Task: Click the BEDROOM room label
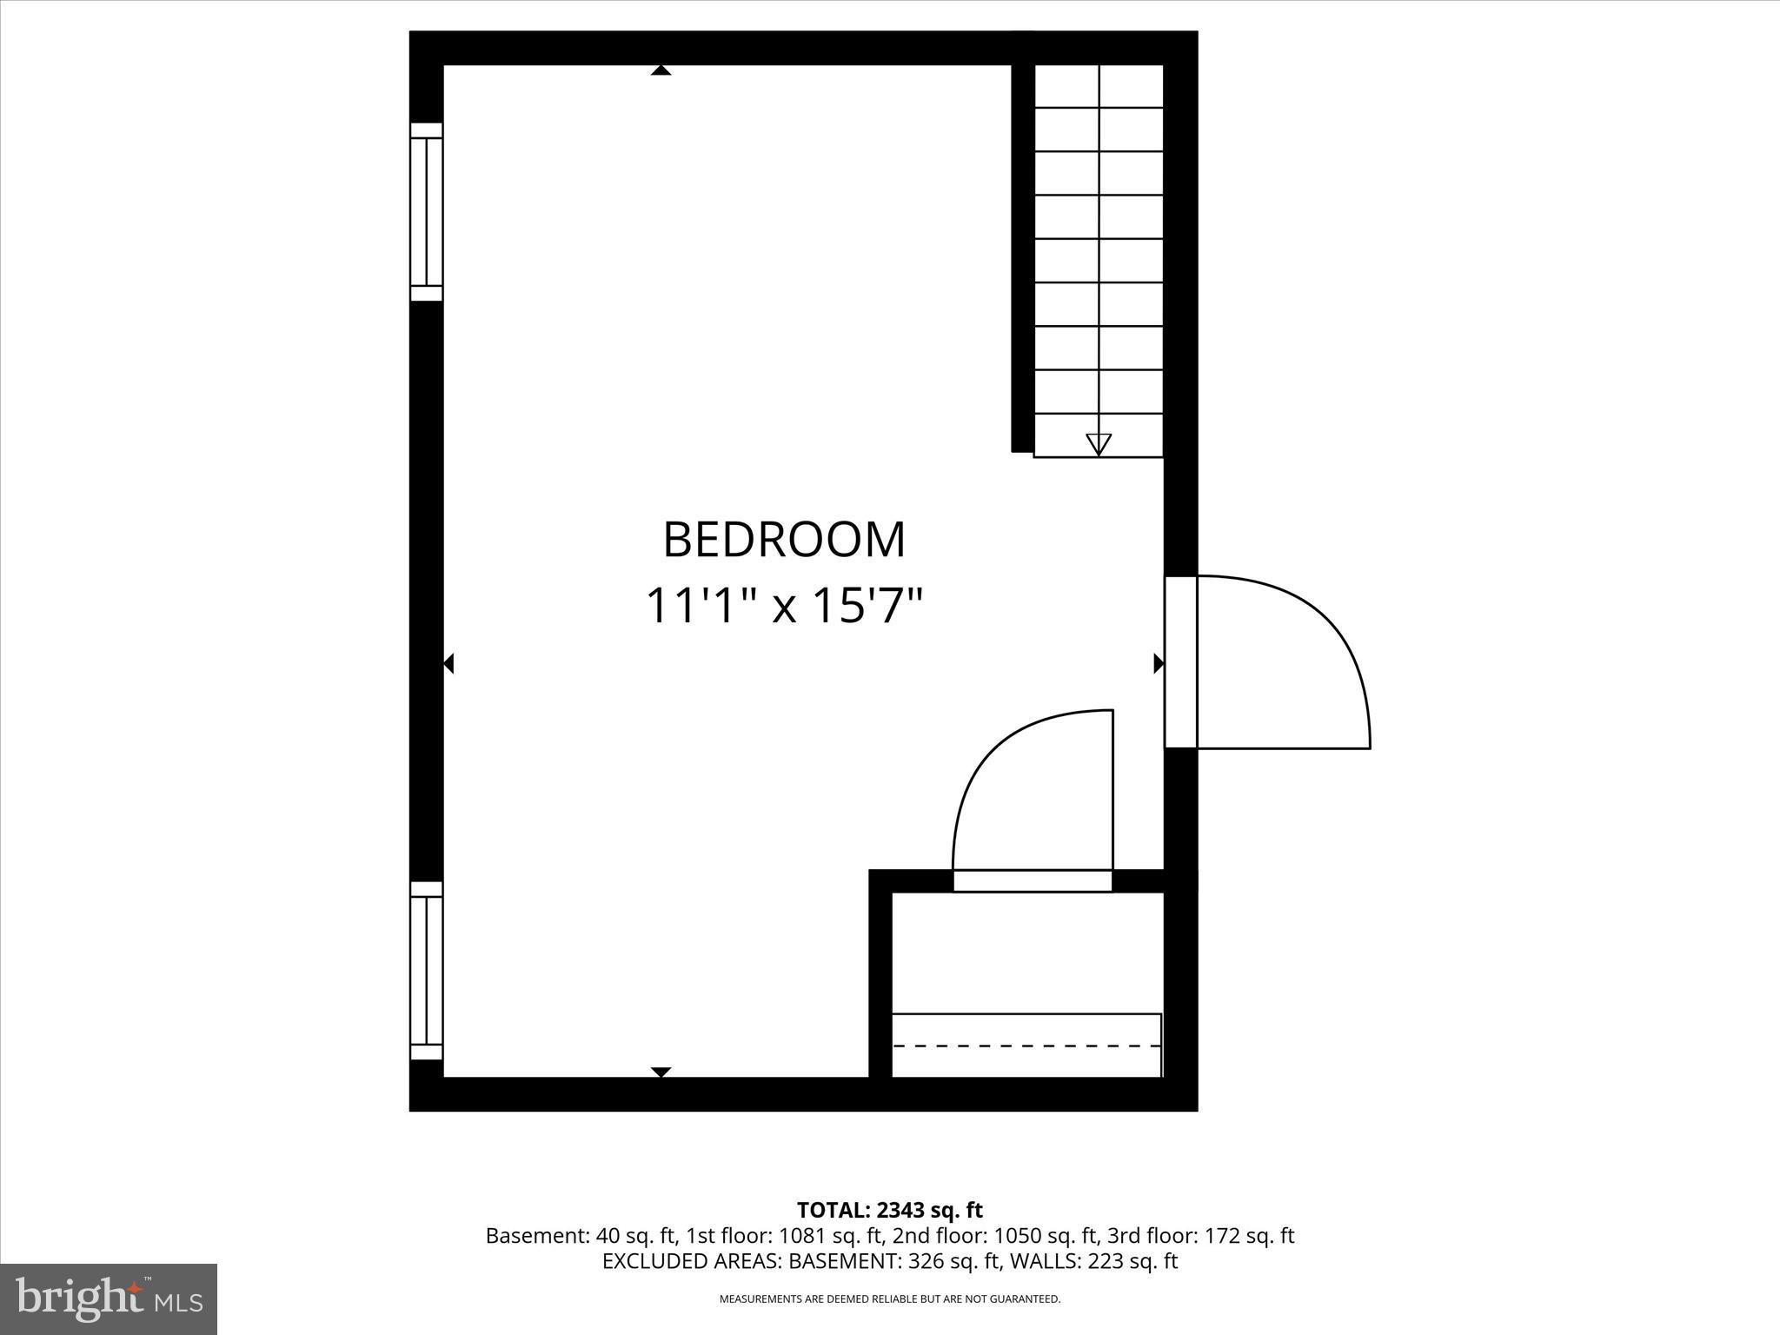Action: (x=784, y=541)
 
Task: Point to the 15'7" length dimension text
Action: (x=866, y=606)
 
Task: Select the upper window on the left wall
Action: (x=426, y=212)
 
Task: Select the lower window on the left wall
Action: (x=426, y=970)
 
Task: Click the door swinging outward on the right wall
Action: (x=1278, y=661)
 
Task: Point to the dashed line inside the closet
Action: (x=1026, y=1046)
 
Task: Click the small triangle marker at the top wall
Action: (x=661, y=70)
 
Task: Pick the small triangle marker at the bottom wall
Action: (x=661, y=1072)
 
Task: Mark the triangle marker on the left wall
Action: (x=448, y=664)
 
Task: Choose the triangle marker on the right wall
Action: (x=1158, y=664)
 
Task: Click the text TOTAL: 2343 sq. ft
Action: (x=889, y=1210)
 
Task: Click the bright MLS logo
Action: (x=109, y=1298)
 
